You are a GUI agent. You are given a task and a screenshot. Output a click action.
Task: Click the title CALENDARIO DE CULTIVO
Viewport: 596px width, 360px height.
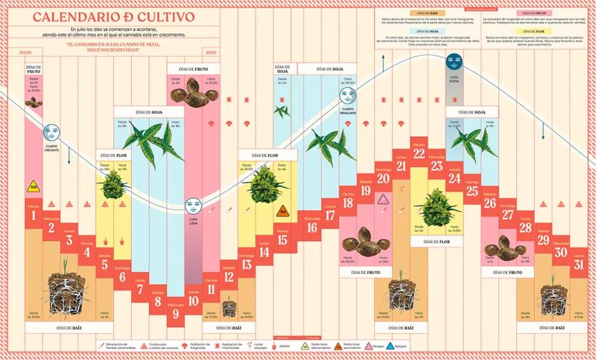(x=113, y=16)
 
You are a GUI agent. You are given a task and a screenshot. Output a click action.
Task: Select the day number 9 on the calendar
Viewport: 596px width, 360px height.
(x=176, y=314)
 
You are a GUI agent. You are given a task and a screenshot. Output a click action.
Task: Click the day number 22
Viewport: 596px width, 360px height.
(x=419, y=153)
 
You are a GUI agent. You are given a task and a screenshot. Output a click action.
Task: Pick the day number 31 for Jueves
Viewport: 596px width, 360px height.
(x=579, y=265)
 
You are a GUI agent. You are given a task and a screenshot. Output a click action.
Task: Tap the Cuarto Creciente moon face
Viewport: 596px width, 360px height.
(x=51, y=131)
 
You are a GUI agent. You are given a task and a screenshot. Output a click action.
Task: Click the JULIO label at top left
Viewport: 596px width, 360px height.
(x=25, y=52)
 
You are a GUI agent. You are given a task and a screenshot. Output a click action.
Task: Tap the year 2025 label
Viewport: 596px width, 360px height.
(x=211, y=52)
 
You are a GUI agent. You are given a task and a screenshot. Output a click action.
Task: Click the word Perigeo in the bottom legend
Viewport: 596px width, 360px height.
(x=380, y=347)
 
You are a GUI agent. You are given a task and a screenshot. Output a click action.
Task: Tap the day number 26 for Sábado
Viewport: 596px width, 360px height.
(x=490, y=203)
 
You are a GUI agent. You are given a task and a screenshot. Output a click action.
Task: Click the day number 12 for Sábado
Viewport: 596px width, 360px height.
(x=229, y=277)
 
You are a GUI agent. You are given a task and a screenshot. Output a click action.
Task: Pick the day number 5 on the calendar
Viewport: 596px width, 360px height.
(x=105, y=265)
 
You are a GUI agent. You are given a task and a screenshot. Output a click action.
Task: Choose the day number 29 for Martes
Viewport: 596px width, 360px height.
(x=543, y=240)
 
